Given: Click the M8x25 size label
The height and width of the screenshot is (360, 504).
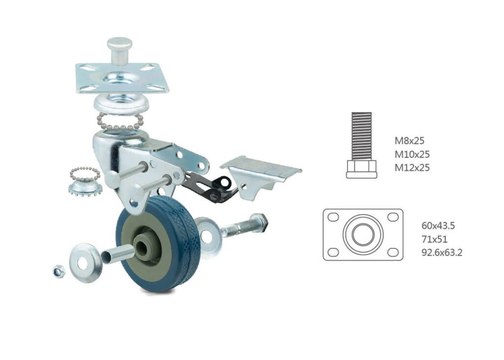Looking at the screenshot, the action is (x=409, y=140).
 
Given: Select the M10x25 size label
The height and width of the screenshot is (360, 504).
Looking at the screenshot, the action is (x=412, y=154).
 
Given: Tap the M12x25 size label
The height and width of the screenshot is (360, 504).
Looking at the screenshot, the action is (x=412, y=167).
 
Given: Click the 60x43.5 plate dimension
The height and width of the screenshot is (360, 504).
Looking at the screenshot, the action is (x=438, y=226).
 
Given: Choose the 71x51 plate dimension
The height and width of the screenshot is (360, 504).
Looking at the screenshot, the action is (x=434, y=239).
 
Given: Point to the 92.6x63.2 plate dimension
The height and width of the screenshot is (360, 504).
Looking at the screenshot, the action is (x=442, y=253).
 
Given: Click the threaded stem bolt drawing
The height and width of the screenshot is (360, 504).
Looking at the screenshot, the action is (x=362, y=145).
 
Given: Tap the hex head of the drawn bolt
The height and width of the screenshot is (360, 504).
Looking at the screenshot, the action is (x=362, y=169).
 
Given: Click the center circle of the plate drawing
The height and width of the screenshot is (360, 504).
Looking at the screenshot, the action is (x=363, y=234).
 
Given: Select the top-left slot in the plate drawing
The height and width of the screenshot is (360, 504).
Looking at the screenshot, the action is (x=334, y=217).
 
